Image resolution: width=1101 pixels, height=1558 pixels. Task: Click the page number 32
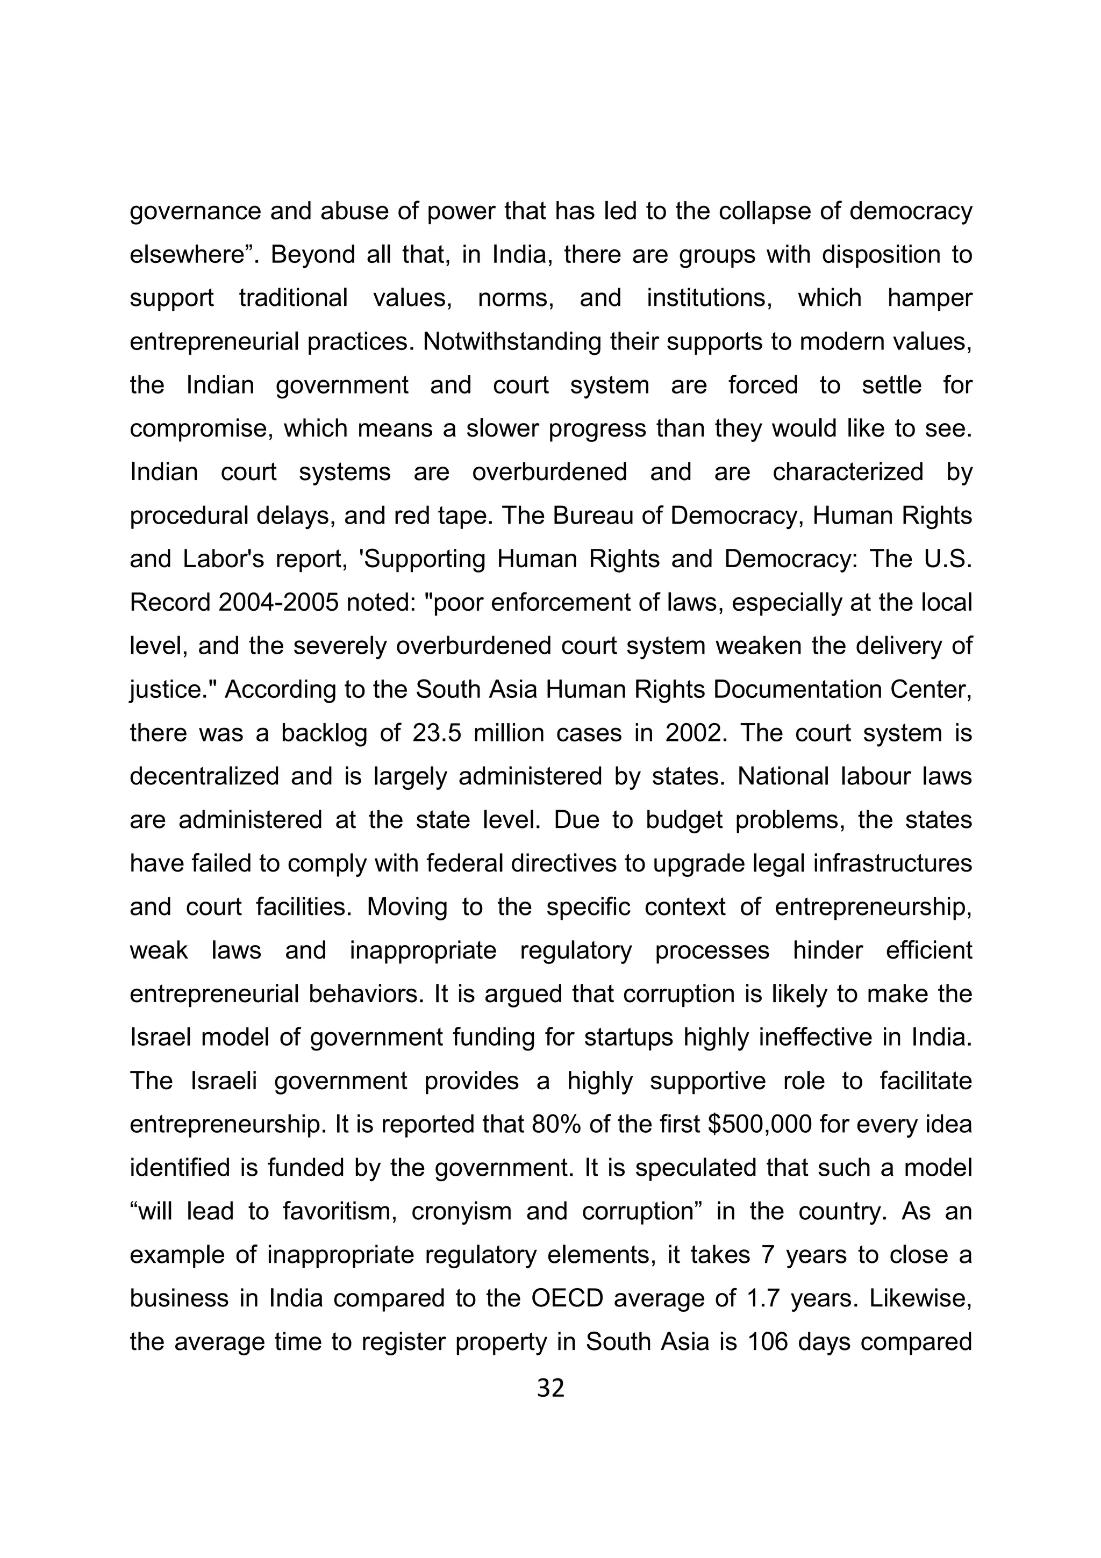tap(550, 1388)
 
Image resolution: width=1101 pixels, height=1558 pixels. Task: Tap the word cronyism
tap(461, 1211)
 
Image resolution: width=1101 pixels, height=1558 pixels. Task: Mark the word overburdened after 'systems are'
tap(549, 471)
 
